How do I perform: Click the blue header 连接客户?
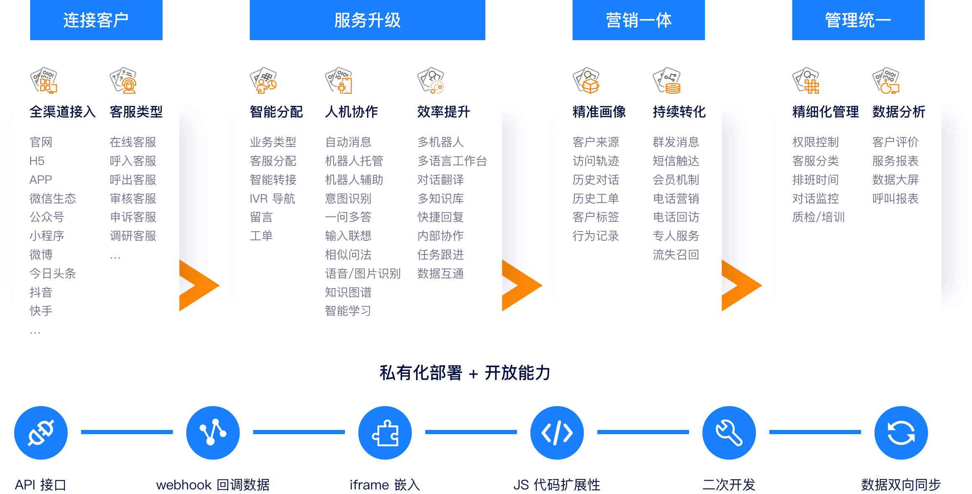96,20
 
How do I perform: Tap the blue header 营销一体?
638,20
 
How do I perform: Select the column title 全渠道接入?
63,112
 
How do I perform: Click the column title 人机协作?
352,112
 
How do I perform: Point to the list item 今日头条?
53,273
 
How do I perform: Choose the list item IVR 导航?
273,198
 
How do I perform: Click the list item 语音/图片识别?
363,273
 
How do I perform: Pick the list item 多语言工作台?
452,161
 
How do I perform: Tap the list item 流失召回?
676,255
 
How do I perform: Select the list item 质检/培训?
818,217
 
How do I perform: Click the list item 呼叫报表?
895,198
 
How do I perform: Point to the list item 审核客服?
133,198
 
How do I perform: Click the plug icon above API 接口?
41,432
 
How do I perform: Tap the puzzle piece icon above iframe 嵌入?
385,432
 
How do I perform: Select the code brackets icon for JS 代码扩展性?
557,432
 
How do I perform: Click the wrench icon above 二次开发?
729,432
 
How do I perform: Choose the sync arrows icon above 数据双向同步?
901,432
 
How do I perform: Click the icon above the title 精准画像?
586,80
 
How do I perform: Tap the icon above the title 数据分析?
886,80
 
